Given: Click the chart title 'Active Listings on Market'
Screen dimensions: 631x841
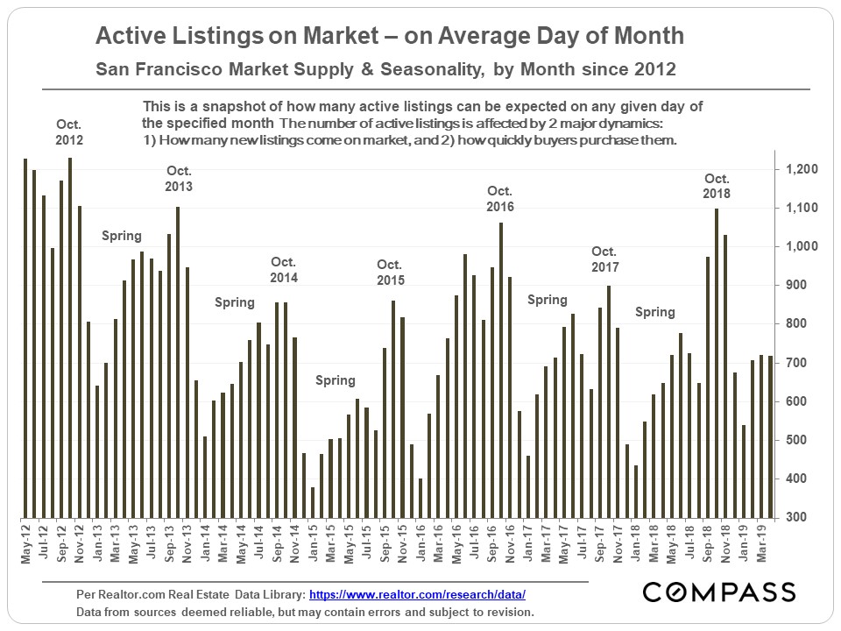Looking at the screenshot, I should pyautogui.click(x=389, y=37).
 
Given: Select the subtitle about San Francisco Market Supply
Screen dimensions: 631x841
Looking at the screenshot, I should pyautogui.click(x=385, y=68).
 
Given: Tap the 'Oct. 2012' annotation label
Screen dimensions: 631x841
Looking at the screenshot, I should pyautogui.click(x=69, y=131).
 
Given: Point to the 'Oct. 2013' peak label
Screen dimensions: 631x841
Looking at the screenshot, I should pyautogui.click(x=178, y=179).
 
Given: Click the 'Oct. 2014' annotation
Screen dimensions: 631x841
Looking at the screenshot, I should pyautogui.click(x=284, y=270).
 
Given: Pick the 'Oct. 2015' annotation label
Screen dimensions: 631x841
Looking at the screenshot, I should pyautogui.click(x=390, y=273).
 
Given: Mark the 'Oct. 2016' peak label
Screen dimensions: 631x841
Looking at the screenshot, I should pyautogui.click(x=499, y=199).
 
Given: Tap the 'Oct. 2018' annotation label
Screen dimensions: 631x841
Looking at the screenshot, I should pyautogui.click(x=716, y=186).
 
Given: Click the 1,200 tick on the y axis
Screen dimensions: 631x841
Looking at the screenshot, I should pyautogui.click(x=802, y=169).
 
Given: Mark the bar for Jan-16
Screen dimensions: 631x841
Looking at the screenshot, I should pyautogui.click(x=420, y=497).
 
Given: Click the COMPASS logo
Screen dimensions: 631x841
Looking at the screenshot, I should pyautogui.click(x=719, y=592).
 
